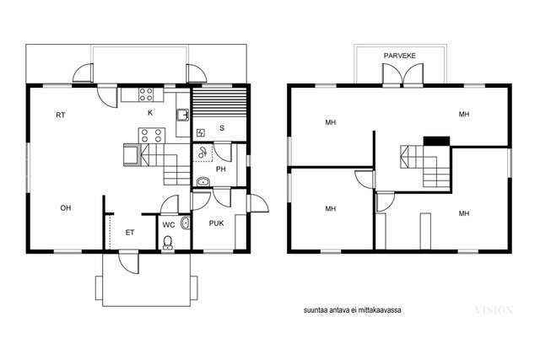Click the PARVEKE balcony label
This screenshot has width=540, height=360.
point(400,56)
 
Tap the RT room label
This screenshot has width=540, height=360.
point(61,115)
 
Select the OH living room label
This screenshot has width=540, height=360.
point(66,208)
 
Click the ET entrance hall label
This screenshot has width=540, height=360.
point(130,233)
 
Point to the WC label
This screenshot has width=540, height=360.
point(169,225)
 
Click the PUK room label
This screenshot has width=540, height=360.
point(217,223)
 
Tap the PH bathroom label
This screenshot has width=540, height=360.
point(221,169)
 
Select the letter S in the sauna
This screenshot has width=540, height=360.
point(222,128)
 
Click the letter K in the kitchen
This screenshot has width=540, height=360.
point(150,112)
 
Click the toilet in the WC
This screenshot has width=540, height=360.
point(168,243)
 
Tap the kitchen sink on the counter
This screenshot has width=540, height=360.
point(182,115)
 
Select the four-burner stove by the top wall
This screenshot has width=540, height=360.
point(146,94)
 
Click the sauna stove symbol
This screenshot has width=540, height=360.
point(201,132)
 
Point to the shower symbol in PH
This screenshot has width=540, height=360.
point(202,153)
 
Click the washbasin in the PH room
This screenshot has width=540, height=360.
point(203,182)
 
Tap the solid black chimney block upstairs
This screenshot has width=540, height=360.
point(436,141)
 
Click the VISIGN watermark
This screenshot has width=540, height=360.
point(494,309)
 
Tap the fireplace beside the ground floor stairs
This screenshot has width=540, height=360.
point(132,154)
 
